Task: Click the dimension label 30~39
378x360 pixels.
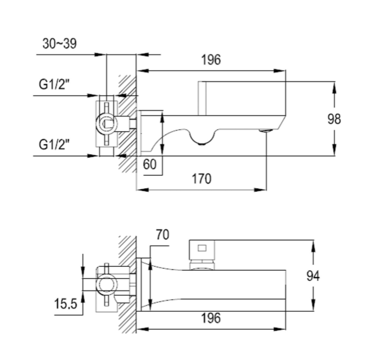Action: click(59, 43)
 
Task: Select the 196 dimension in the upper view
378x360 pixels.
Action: click(211, 60)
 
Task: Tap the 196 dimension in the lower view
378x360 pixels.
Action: click(211, 318)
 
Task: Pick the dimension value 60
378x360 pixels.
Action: click(150, 164)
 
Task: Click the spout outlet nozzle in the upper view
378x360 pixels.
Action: click(266, 131)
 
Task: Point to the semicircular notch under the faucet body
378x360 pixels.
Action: click(201, 139)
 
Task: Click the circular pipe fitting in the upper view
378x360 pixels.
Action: click(106, 122)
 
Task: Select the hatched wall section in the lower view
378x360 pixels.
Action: click(127, 284)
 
